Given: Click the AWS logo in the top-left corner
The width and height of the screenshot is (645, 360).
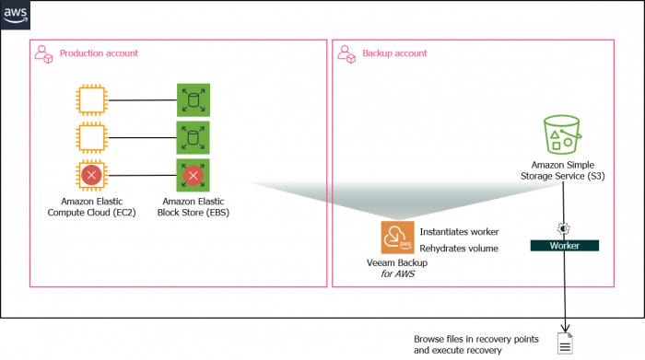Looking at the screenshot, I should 16,16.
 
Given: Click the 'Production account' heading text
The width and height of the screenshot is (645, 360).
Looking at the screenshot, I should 99,53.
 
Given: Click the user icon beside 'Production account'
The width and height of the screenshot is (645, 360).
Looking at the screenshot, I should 43,53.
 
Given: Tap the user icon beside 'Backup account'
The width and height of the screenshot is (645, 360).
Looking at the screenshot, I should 346,53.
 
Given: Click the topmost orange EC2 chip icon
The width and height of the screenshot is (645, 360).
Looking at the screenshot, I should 91,99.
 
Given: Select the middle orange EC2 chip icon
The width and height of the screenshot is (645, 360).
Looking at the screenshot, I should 91,137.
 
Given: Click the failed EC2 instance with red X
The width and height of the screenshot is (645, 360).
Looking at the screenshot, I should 91,175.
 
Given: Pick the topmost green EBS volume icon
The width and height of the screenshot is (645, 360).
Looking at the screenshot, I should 193,99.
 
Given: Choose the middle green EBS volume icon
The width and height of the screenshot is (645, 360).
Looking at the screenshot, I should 193,137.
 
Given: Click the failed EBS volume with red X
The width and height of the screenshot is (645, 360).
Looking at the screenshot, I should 193,175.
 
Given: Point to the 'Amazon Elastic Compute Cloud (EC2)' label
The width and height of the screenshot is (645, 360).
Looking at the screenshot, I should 91,206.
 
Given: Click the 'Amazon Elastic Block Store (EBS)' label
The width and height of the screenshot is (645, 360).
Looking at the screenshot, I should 194,206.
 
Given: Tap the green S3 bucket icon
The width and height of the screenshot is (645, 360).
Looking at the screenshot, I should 562,135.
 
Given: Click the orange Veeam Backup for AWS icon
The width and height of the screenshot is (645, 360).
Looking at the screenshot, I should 397,237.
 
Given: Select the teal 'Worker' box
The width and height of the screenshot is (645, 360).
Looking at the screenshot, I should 564,246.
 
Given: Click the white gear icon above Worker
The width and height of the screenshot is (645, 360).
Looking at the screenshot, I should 564,227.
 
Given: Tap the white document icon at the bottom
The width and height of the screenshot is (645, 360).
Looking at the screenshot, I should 565,343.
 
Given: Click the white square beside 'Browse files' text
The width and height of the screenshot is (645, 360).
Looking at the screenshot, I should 396,344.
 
